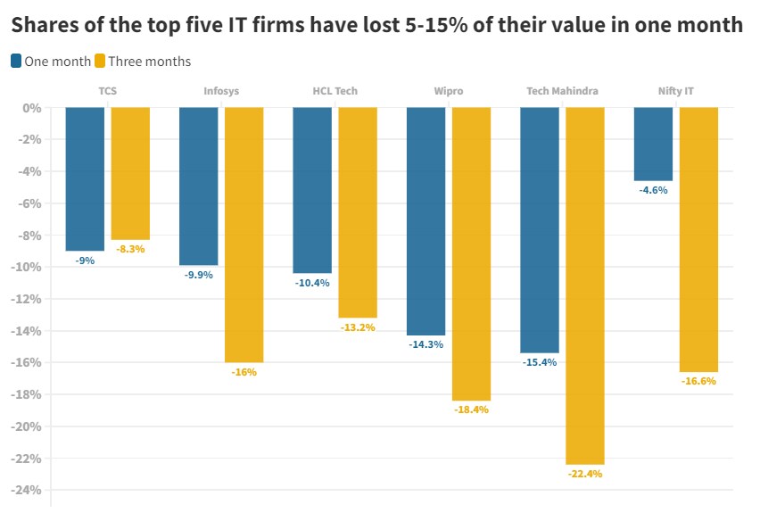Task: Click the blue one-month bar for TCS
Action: tap(85, 178)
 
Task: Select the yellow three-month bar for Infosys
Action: tap(244, 235)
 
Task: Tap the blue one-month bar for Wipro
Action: tap(425, 221)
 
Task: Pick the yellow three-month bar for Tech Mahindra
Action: tap(585, 285)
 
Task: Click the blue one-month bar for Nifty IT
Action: tap(653, 144)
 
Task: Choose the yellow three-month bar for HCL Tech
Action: tap(358, 212)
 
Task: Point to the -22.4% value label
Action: tap(585, 474)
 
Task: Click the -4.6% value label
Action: tap(654, 190)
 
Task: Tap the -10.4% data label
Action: tap(312, 283)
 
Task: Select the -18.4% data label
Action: tap(471, 410)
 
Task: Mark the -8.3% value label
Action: tap(130, 249)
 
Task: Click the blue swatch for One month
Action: tap(17, 61)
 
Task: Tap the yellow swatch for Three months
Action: tap(100, 61)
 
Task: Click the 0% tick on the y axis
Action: tap(33, 108)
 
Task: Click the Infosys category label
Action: tap(221, 91)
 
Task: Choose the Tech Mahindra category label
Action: tap(562, 91)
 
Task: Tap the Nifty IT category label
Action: tap(675, 91)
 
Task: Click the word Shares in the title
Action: tap(45, 25)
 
